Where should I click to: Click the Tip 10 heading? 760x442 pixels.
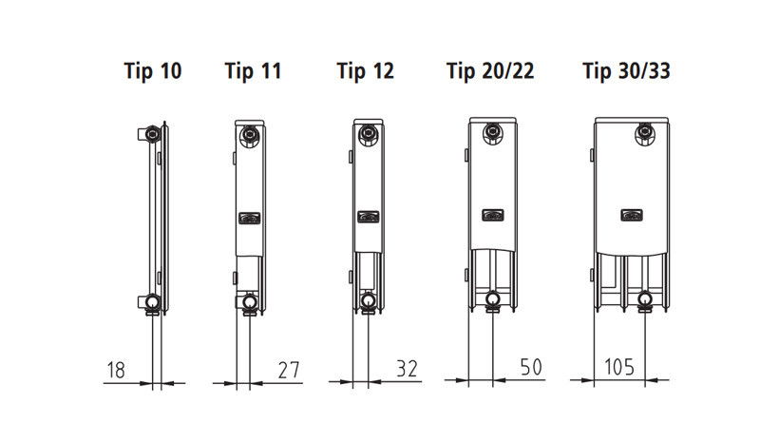(x=153, y=71)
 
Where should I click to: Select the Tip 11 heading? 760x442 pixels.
(x=253, y=71)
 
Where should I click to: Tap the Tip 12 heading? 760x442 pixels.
(x=366, y=71)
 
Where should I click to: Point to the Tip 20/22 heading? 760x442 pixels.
(x=490, y=71)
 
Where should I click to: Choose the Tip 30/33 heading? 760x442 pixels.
(x=626, y=71)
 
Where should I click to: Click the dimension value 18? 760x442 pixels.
(x=116, y=370)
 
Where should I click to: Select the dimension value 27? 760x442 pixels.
(x=289, y=370)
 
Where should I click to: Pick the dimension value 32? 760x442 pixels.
(x=407, y=369)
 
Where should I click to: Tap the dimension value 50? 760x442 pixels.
(x=531, y=367)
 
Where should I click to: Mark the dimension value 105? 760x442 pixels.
(x=619, y=367)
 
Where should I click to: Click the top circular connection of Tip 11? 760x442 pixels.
(x=250, y=135)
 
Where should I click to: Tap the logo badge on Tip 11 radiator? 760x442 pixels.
(x=250, y=219)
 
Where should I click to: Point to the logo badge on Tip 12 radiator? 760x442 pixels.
(x=369, y=217)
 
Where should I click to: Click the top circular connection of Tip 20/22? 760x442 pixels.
(x=493, y=133)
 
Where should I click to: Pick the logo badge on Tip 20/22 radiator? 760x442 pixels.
(x=493, y=215)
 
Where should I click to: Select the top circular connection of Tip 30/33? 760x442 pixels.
(x=645, y=133)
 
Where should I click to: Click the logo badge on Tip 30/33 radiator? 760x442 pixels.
(x=632, y=215)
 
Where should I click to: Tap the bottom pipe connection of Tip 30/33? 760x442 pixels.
(x=645, y=299)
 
